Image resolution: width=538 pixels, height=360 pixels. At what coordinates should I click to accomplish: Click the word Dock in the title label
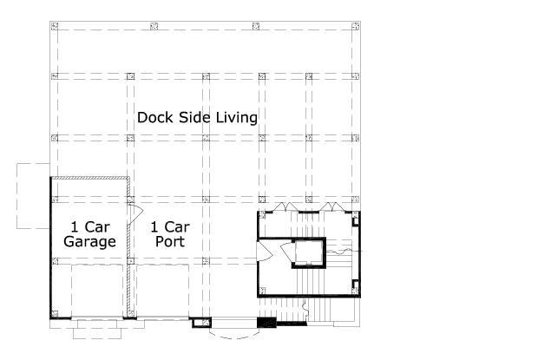pos(155,117)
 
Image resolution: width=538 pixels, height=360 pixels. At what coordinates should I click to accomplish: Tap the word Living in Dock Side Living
pos(237,118)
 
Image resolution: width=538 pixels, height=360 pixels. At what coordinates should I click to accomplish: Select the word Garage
pos(90,242)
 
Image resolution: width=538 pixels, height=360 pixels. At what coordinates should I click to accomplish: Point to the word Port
pos(170,241)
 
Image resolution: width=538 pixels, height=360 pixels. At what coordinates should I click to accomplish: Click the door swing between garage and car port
pos(136,214)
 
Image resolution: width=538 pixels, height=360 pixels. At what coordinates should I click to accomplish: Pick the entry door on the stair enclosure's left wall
pos(264,251)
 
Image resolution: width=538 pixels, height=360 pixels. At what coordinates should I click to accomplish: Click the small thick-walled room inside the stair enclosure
pos(308,252)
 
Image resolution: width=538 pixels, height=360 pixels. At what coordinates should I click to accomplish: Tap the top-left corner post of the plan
pos(54,26)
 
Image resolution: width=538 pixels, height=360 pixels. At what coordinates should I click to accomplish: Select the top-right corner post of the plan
pos(356,26)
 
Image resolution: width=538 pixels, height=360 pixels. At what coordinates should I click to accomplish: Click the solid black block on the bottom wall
pos(266,323)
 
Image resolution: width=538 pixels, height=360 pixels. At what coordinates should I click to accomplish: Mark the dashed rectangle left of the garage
pos(33,196)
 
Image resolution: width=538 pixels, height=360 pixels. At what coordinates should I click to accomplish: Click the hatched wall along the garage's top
pos(90,178)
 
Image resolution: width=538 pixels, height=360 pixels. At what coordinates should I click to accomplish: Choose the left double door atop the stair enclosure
pos(286,207)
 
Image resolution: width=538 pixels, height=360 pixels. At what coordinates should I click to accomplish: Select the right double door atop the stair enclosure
pos(332,207)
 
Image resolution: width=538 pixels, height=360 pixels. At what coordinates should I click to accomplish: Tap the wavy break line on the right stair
pos(343,252)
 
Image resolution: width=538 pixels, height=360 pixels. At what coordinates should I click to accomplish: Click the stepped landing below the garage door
pos(97,329)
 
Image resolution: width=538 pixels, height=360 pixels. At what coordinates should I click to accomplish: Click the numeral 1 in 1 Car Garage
pos(75,227)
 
